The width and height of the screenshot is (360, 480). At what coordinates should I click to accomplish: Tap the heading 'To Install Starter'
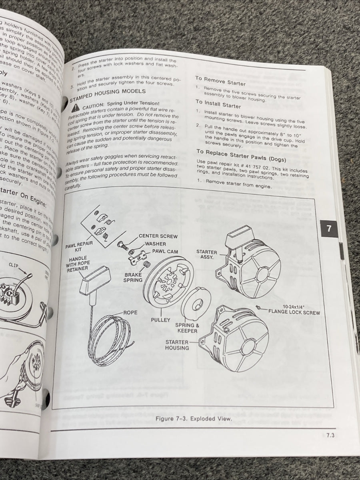pos(218,104)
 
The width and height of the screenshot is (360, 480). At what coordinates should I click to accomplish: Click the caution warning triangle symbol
pos(75,107)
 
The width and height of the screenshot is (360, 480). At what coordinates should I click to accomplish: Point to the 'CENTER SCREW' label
pos(158,236)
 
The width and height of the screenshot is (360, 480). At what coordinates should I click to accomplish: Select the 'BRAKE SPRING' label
pos(133,278)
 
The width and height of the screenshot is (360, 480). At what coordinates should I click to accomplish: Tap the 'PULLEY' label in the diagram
pos(160,320)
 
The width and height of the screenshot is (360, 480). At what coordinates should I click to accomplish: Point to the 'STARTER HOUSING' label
pos(177,345)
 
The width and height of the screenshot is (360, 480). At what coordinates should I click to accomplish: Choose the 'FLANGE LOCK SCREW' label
pos(294,312)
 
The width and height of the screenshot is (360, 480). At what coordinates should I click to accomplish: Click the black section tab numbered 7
pos(328,229)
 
